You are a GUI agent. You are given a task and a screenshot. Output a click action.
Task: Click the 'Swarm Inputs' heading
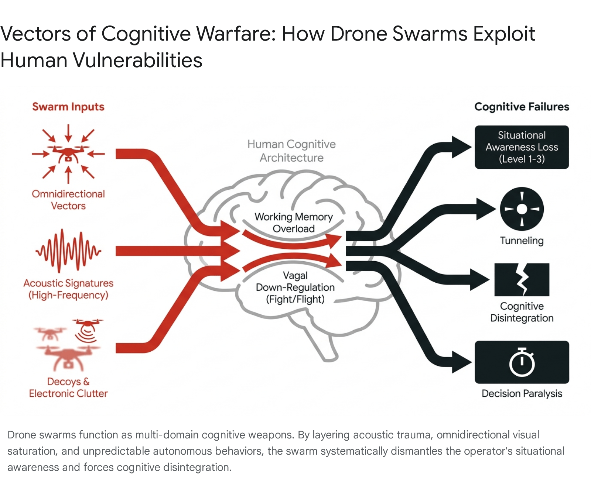coord(68,107)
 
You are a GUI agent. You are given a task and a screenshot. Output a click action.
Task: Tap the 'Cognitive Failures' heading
coord(522,107)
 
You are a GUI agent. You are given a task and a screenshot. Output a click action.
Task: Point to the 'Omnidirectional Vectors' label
coord(68,200)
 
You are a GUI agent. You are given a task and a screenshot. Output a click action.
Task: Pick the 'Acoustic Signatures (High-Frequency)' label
coord(68,289)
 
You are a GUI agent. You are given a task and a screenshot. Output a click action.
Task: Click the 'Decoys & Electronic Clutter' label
coord(68,387)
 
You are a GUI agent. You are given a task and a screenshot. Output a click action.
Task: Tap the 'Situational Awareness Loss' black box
coord(522,147)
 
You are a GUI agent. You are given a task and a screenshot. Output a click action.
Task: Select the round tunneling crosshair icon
coord(522,209)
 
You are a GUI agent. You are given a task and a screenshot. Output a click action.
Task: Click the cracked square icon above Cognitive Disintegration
coord(522,280)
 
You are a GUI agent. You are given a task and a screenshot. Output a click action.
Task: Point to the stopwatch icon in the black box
coord(522,362)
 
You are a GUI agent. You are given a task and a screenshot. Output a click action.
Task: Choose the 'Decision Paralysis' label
coord(522,394)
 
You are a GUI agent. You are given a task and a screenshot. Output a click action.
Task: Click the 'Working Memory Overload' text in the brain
coord(294,223)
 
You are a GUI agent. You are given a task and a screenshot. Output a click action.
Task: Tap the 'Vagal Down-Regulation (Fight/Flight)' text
coord(295,287)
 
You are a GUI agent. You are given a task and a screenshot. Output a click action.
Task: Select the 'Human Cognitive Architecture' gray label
coord(291,151)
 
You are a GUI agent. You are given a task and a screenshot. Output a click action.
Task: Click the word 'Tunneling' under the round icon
coord(522,241)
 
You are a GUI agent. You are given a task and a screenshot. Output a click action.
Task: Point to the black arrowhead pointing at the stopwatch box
coord(462,362)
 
